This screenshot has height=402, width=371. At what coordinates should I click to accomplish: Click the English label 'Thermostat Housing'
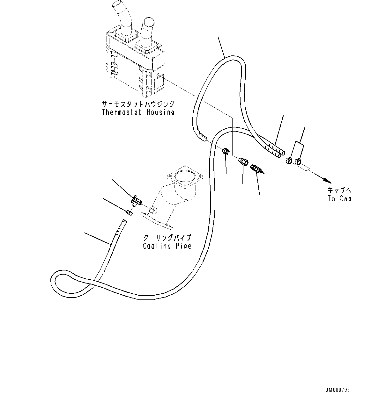(138, 112)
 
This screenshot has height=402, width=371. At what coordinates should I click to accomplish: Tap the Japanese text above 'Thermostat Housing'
(138, 104)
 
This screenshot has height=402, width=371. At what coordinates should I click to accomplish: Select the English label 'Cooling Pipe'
(167, 246)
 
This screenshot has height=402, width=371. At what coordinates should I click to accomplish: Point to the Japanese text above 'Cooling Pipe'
(167, 238)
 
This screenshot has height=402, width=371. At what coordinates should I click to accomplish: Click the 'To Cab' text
(339, 198)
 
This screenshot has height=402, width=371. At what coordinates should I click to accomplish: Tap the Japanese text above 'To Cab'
(339, 190)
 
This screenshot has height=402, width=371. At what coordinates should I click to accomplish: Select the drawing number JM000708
(338, 390)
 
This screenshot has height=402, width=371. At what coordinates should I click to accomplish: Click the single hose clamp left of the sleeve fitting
(226, 151)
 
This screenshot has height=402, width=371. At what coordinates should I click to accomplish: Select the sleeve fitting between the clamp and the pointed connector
(243, 161)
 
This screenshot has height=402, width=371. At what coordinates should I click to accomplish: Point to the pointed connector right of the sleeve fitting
(257, 169)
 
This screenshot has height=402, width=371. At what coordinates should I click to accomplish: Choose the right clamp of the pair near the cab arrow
(298, 161)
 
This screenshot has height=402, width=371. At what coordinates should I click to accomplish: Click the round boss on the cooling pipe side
(153, 210)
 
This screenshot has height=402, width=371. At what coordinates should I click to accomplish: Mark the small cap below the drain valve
(130, 212)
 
